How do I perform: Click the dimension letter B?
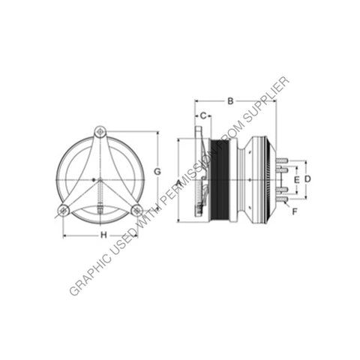tap(231, 99)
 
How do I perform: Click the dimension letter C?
tap(202, 115)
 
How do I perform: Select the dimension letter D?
tap(307, 179)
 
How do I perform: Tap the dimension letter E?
tap(296, 180)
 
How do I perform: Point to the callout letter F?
tap(295, 212)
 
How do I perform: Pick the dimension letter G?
tap(157, 172)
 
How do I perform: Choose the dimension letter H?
tap(103, 235)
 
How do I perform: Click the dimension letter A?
tap(178, 183)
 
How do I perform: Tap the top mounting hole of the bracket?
tap(100, 132)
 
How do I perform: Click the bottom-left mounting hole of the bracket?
tap(64, 211)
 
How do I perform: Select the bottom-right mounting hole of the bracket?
tap(136, 211)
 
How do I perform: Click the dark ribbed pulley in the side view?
tap(220, 180)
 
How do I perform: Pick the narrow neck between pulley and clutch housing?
tap(237, 180)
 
